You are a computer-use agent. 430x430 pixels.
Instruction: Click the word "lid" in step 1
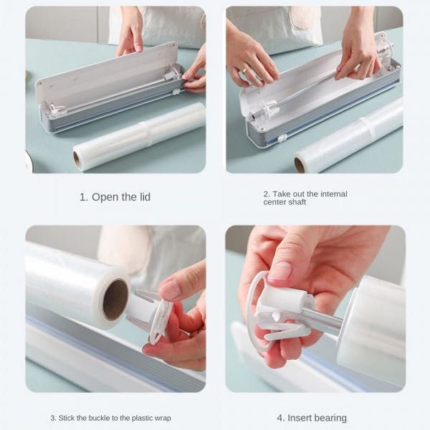click(x=145, y=197)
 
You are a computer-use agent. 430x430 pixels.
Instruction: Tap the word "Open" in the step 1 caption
click(x=105, y=198)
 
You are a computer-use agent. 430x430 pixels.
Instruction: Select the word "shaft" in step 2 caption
click(x=297, y=202)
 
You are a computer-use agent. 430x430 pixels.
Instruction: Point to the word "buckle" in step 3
click(x=100, y=418)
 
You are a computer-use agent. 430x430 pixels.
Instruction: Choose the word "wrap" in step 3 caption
click(x=162, y=419)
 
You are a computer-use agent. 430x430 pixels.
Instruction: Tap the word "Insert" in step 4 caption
click(x=300, y=418)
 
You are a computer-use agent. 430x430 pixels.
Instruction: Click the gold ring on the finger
click(x=244, y=71)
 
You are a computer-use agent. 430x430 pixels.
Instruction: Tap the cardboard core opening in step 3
click(x=115, y=300)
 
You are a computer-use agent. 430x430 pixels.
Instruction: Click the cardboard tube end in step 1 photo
click(x=77, y=160)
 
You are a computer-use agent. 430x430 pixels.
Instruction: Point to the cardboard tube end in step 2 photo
click(x=300, y=165)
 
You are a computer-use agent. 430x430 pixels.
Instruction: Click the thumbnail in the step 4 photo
click(x=279, y=271)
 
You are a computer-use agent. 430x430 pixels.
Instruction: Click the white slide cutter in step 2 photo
click(x=281, y=138)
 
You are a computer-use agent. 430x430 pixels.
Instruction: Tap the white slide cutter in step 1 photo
click(x=176, y=92)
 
